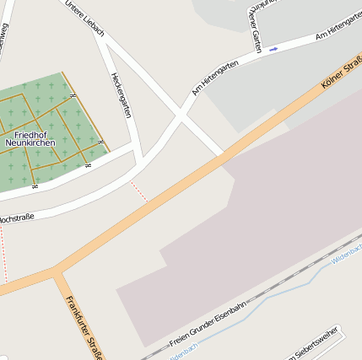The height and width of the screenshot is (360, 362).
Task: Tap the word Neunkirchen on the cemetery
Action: tap(30, 143)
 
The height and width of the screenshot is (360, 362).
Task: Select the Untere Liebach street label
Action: tap(84, 18)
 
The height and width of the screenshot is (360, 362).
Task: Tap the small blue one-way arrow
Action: tap(273, 49)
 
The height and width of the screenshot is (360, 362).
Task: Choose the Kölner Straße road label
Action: tap(342, 73)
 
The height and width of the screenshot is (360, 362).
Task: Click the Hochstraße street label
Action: tap(15, 218)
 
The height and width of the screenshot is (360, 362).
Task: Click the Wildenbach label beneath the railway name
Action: tap(183, 352)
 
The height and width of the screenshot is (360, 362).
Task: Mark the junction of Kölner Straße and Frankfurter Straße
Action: tap(56, 271)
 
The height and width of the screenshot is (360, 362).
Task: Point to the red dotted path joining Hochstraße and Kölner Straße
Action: tap(139, 191)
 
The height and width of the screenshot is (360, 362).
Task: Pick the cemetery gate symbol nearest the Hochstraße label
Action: tap(35, 185)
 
